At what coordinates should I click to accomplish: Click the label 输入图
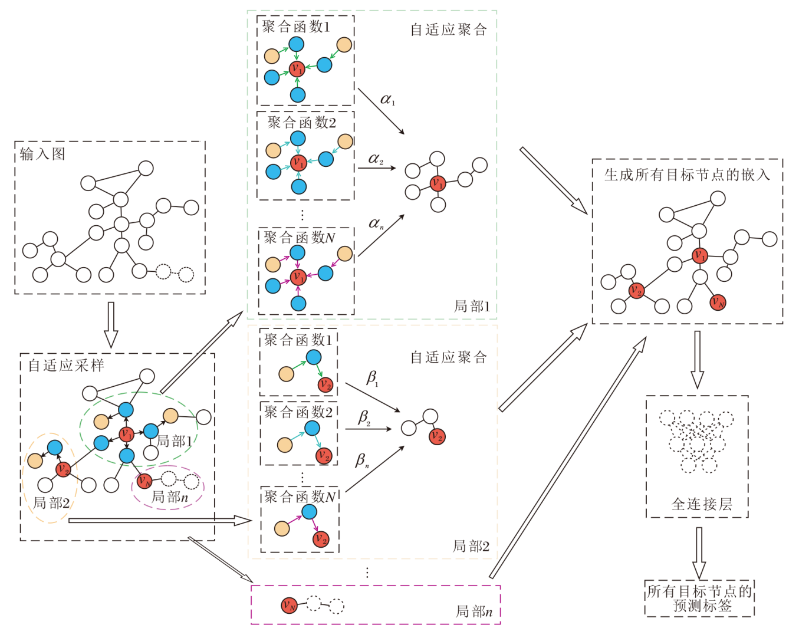click(42, 154)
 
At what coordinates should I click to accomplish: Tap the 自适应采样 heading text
click(67, 366)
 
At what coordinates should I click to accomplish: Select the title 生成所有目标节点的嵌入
click(687, 175)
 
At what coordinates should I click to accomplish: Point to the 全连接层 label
click(702, 504)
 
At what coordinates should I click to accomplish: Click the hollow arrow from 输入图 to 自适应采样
click(111, 324)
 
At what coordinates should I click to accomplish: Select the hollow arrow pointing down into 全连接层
click(698, 359)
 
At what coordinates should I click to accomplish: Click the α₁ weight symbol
click(387, 100)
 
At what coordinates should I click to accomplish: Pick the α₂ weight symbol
click(376, 159)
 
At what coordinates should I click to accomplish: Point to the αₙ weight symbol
click(376, 223)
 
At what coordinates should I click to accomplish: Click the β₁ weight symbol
click(372, 377)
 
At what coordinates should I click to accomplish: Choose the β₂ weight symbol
click(364, 418)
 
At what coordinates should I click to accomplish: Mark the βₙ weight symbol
click(361, 461)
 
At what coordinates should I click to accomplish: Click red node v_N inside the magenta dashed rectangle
click(289, 605)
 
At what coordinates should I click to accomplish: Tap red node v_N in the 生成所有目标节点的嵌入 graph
click(718, 302)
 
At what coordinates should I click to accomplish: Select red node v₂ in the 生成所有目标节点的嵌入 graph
click(636, 291)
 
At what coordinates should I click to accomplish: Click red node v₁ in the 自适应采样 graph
click(126, 435)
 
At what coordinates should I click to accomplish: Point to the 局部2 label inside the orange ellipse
click(52, 503)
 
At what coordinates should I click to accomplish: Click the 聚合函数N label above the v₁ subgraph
click(300, 238)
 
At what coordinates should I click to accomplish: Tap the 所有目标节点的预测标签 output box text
click(699, 598)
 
